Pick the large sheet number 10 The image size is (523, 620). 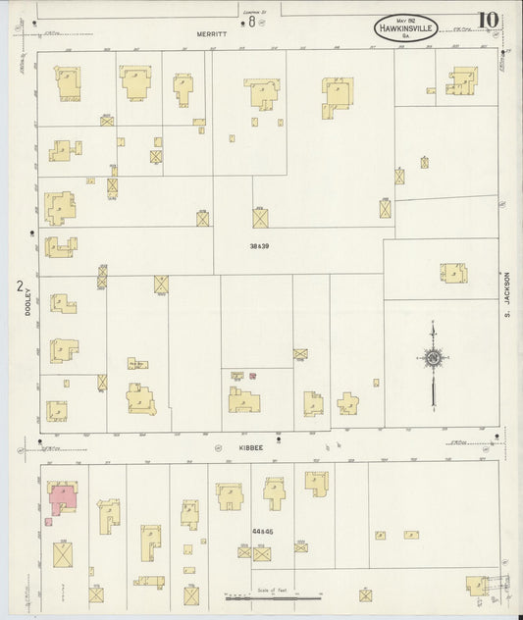click(x=487, y=21)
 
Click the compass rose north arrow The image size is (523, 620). click(x=433, y=360)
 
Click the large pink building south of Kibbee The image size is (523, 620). click(x=64, y=496)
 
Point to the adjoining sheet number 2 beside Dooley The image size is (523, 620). click(x=19, y=286)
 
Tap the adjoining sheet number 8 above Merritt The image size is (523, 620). click(x=251, y=20)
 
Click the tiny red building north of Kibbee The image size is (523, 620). click(x=252, y=375)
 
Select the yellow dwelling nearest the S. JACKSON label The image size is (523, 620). click(x=453, y=273)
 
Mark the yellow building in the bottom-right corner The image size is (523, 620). click(x=478, y=586)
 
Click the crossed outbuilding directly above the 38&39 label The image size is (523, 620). click(x=260, y=218)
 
